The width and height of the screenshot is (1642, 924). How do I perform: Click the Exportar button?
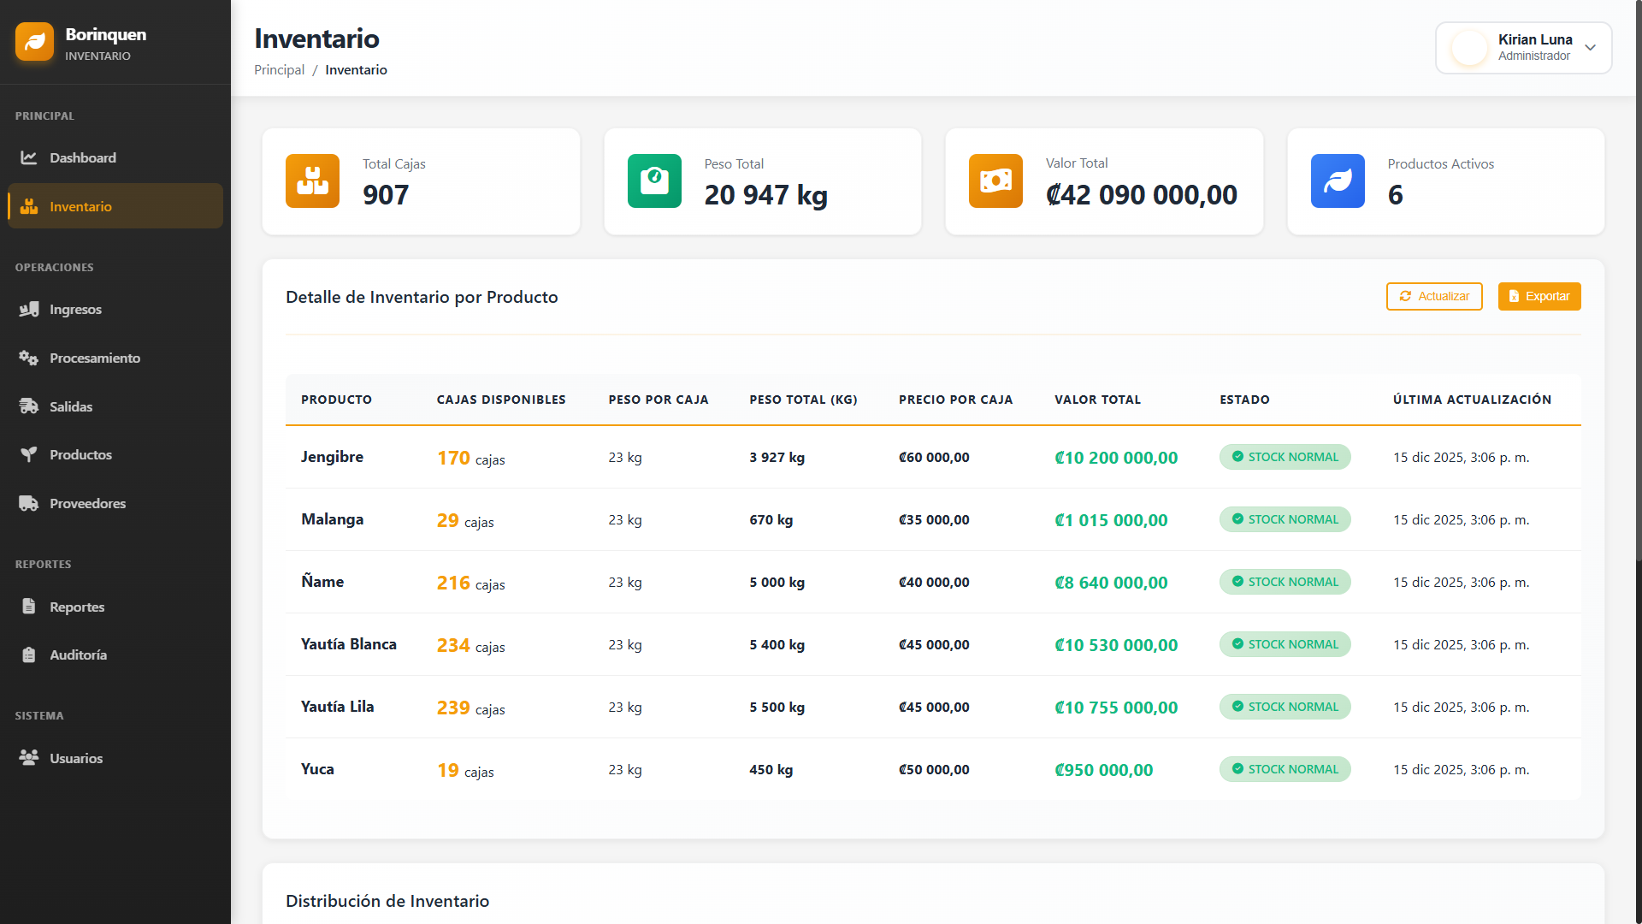tap(1539, 296)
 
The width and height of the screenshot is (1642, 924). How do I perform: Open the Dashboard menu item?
tap(82, 157)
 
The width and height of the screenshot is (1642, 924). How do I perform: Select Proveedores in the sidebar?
tap(87, 503)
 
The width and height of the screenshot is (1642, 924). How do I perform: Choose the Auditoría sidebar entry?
tap(78, 654)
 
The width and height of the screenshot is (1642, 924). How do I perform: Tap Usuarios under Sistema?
tap(76, 758)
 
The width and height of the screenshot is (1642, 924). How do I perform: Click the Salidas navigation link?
tap(71, 406)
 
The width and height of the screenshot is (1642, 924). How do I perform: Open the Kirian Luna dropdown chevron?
tap(1590, 48)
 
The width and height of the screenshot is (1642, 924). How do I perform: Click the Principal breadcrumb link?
tap(279, 70)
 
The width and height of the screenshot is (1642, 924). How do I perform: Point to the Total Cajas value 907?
tap(386, 195)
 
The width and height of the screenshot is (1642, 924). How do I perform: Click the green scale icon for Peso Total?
tap(654, 181)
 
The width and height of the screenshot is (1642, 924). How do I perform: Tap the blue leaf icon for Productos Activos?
tap(1338, 181)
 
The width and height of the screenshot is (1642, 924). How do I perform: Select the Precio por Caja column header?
tap(955, 400)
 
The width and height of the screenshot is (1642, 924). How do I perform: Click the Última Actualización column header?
tap(1472, 400)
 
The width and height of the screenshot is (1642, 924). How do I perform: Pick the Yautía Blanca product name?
tap(349, 644)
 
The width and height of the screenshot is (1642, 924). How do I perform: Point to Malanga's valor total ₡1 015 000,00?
tap(1111, 520)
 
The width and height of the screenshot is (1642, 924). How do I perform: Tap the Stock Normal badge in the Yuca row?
tap(1285, 769)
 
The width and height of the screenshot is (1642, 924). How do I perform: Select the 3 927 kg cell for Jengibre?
tap(777, 458)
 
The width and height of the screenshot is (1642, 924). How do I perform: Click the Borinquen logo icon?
tap(34, 42)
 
